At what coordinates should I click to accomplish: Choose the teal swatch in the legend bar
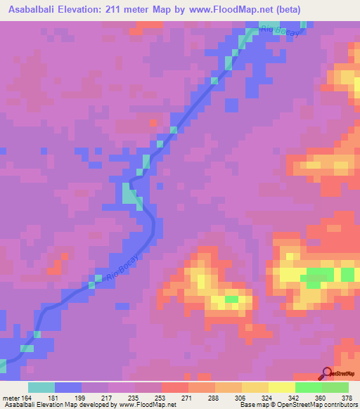(x=41, y=387)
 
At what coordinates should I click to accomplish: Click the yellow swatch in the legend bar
(x=281, y=387)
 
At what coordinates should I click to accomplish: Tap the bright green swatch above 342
(x=308, y=387)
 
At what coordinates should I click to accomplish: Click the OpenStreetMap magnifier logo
(x=327, y=374)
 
